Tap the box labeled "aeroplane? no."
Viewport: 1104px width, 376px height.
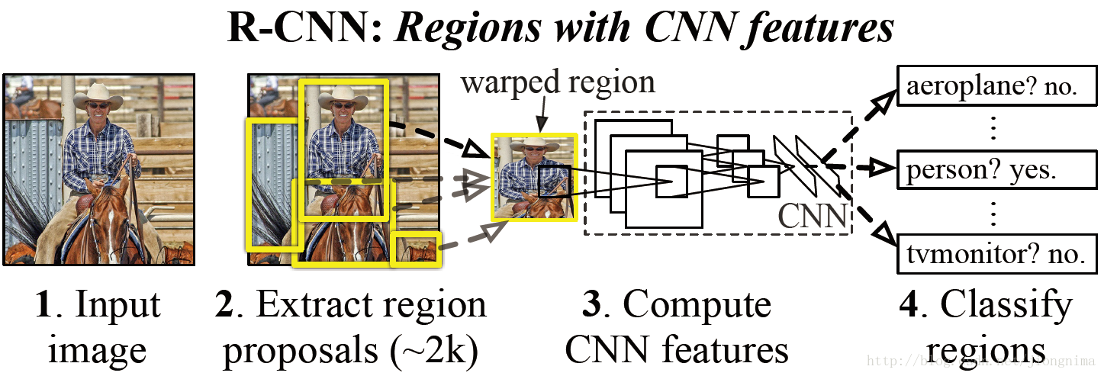tap(991, 88)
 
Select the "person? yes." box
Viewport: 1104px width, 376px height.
tap(991, 170)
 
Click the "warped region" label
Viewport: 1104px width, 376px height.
tap(557, 82)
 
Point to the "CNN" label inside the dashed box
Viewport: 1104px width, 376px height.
tap(813, 217)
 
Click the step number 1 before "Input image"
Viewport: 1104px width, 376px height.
tap(43, 305)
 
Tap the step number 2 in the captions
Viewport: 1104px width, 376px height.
tap(224, 305)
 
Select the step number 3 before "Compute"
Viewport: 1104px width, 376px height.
tap(593, 305)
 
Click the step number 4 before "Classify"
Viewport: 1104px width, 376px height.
tap(908, 305)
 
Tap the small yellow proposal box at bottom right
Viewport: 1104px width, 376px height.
tap(416, 250)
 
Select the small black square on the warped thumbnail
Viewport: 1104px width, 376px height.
tap(552, 182)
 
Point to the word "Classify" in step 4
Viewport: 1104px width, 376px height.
tap(1006, 307)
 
